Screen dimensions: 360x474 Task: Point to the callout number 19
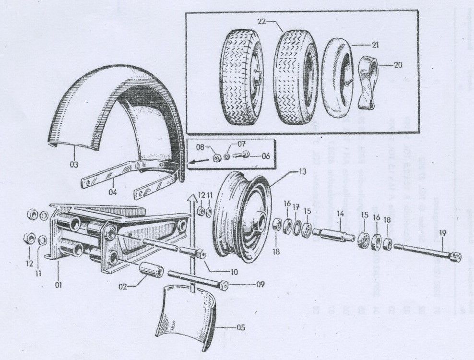442,233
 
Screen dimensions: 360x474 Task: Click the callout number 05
240,328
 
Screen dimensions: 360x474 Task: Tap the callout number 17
296,207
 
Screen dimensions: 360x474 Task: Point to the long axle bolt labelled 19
425,252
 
